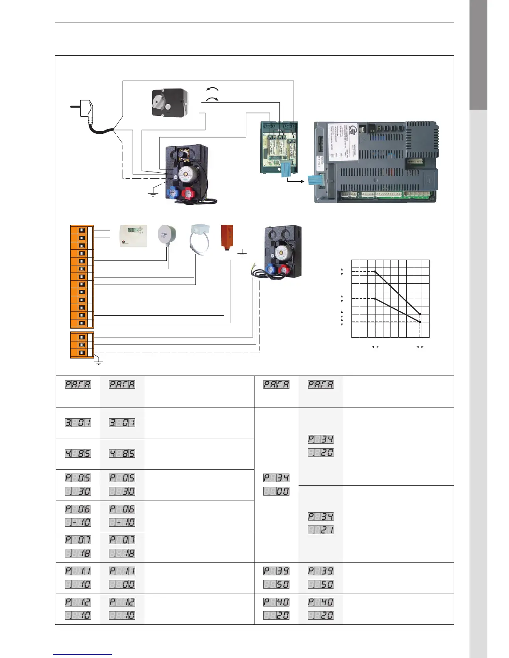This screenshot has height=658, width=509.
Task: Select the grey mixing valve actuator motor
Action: pos(170,102)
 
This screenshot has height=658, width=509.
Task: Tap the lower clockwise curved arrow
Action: pos(212,99)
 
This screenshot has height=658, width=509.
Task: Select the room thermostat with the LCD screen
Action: pos(133,236)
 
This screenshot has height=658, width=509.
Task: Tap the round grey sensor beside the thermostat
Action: pos(167,235)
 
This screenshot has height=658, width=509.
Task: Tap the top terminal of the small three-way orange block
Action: pos(82,337)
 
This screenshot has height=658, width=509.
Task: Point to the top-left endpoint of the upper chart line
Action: pos(375,272)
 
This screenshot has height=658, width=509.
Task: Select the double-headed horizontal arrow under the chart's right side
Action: pos(420,346)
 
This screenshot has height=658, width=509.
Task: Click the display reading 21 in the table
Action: pos(321,530)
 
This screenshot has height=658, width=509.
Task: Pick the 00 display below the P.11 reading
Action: pos(122,584)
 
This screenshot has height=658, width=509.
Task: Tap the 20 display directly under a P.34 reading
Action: pos(321,453)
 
